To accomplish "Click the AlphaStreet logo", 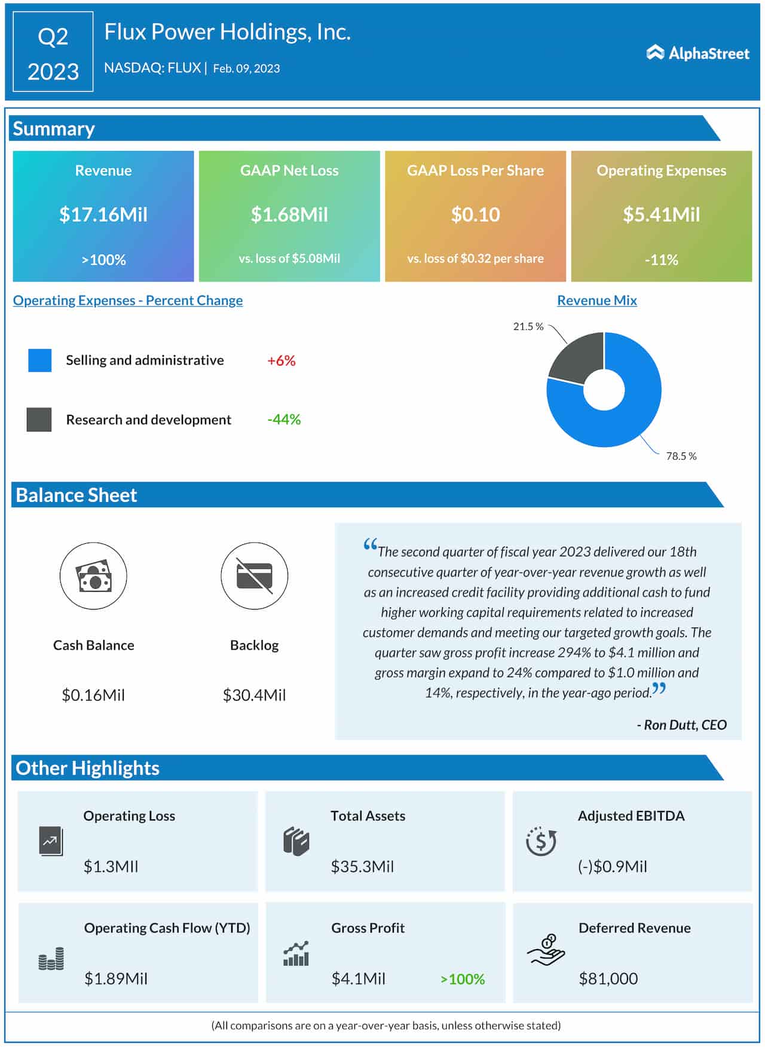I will click(x=697, y=53).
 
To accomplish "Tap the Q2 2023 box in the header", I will click(x=53, y=53).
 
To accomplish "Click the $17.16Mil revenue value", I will click(x=103, y=214).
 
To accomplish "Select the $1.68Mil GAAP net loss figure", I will click(x=289, y=214).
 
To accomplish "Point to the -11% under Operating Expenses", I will click(x=661, y=259).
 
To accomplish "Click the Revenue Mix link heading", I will click(x=596, y=300).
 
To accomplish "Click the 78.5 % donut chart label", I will click(x=681, y=456).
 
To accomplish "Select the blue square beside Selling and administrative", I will click(x=39, y=360).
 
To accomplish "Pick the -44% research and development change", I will click(x=284, y=420).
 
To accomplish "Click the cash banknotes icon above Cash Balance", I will click(x=93, y=576).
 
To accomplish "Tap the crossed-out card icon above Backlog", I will click(x=254, y=576).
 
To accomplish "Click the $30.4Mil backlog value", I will click(x=254, y=695).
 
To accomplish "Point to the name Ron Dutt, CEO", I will click(x=682, y=725).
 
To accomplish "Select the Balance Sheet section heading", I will click(x=76, y=495).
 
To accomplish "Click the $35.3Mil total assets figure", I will click(x=362, y=866).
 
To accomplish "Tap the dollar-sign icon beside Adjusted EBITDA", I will click(x=541, y=841).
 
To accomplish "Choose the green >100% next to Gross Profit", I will click(x=462, y=979).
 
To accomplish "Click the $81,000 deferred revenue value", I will click(x=608, y=978).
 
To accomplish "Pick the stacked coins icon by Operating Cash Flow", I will click(x=51, y=958).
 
